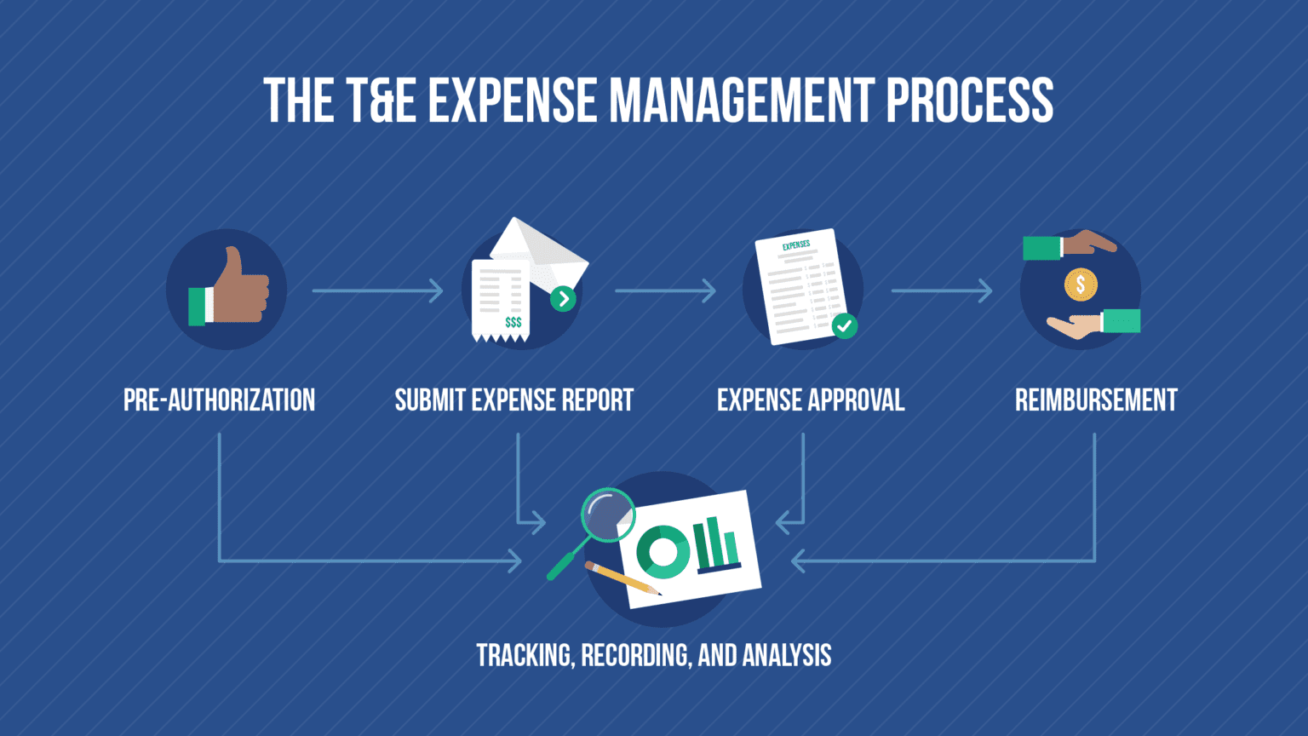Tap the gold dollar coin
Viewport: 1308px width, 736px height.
[1081, 285]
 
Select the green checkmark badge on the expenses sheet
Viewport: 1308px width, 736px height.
[844, 325]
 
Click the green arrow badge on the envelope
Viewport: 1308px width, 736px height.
[563, 298]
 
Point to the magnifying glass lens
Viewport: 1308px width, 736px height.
[607, 514]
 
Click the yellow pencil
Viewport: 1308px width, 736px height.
[622, 578]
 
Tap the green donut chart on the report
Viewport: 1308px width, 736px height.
[663, 552]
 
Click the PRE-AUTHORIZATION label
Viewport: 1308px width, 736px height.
[219, 400]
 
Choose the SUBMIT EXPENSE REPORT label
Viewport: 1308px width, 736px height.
[513, 400]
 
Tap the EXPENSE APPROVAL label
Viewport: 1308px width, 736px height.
[810, 400]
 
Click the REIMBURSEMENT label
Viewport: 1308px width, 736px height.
[1096, 400]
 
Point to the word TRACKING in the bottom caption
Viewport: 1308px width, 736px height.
[525, 655]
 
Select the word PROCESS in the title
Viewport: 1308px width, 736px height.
[969, 101]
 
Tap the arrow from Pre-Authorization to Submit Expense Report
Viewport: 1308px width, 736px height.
[377, 290]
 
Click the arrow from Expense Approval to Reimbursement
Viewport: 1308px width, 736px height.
[941, 290]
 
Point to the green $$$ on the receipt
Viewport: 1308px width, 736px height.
[513, 322]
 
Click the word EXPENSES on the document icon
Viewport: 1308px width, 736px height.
[796, 245]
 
